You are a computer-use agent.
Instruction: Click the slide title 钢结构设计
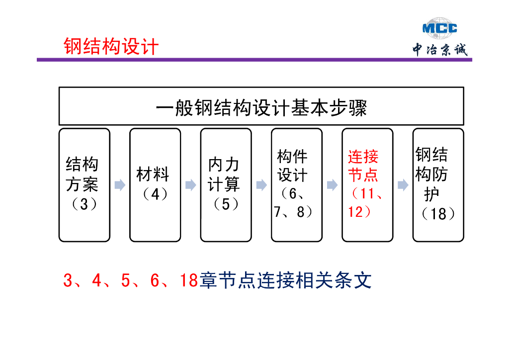pyautogui.click(x=111, y=47)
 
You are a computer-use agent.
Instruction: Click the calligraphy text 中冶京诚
pyautogui.click(x=439, y=50)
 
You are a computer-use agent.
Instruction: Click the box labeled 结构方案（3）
pyautogui.click(x=84, y=185)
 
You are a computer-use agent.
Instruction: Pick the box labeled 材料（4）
pyautogui.click(x=155, y=185)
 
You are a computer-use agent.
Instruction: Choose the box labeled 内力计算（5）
pyautogui.click(x=226, y=185)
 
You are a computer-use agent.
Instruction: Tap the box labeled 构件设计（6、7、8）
pyautogui.click(x=296, y=185)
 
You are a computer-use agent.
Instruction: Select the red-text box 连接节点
pyautogui.click(x=367, y=185)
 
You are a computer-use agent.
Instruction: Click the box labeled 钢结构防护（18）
pyautogui.click(x=438, y=185)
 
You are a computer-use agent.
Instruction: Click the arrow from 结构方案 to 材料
pyautogui.click(x=120, y=185)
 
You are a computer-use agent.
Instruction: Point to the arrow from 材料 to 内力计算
pyautogui.click(x=190, y=185)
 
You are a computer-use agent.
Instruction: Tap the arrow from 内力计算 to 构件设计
pyautogui.click(x=261, y=185)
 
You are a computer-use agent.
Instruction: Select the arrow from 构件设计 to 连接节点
pyautogui.click(x=332, y=185)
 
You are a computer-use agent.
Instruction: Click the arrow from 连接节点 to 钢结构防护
pyautogui.click(x=403, y=185)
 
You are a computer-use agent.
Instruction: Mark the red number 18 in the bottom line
pyautogui.click(x=189, y=281)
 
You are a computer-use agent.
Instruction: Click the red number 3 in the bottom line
pyautogui.click(x=68, y=281)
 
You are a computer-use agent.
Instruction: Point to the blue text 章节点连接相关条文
pyautogui.click(x=285, y=281)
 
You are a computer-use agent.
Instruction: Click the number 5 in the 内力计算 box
pyautogui.click(x=226, y=204)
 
